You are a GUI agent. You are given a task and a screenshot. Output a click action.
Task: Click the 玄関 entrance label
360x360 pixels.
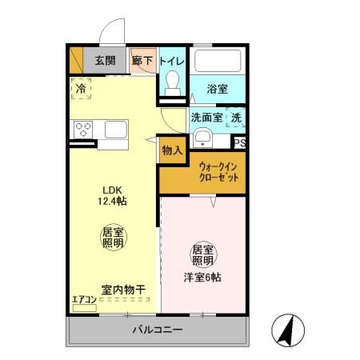coord(106,61)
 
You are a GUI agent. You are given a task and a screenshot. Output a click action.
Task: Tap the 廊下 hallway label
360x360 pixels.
coord(142,61)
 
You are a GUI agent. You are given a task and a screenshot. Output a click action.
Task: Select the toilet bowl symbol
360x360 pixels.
coord(172,83)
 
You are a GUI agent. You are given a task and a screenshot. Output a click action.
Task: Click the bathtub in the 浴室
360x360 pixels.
coord(218,61)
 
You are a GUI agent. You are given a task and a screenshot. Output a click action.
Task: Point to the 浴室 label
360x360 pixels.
coord(218,89)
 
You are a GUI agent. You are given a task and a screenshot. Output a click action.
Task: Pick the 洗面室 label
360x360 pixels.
coord(207,118)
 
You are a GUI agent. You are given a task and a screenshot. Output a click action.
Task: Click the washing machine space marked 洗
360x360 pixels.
coord(236,118)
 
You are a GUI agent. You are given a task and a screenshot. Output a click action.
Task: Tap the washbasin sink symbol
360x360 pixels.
coord(202,138)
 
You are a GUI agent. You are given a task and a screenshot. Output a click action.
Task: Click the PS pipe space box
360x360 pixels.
coord(240,143)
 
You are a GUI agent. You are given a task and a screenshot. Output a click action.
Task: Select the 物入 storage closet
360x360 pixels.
coord(173,150)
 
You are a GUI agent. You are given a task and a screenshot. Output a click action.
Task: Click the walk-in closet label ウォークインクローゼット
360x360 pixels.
coord(218,172)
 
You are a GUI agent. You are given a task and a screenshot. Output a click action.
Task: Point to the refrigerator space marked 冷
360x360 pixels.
coord(81,89)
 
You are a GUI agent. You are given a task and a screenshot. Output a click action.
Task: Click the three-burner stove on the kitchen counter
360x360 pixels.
coord(83,130)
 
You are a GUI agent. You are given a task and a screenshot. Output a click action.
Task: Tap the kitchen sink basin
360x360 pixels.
coord(116,130)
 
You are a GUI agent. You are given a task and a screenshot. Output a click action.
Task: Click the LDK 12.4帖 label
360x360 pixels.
coord(112,195)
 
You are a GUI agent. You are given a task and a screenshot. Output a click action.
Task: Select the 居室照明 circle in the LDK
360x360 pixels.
coord(113,238)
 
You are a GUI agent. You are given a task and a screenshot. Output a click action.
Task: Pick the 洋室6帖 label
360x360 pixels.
coord(202,278)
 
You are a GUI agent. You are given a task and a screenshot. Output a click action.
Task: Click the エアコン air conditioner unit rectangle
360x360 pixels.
coord(84,308)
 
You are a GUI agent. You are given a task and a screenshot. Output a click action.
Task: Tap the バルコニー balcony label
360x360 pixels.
coord(158,330)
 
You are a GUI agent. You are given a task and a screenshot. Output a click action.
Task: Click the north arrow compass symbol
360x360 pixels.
coord(288,330)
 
